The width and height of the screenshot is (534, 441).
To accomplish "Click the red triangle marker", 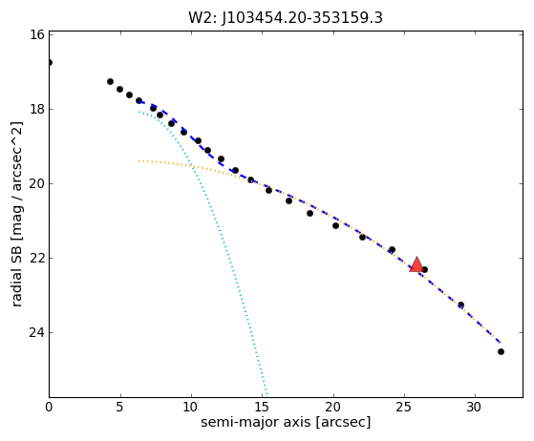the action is click(417, 264).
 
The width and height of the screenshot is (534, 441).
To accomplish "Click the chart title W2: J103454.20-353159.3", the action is click(286, 18).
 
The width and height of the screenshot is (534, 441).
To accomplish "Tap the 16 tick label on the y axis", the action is click(37, 34).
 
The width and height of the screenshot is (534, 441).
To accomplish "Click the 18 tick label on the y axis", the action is click(37, 109).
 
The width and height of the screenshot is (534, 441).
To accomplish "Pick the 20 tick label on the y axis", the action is click(37, 183).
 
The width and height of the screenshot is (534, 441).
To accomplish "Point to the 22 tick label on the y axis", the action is click(37, 258).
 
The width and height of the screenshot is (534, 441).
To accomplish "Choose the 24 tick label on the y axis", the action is click(37, 332).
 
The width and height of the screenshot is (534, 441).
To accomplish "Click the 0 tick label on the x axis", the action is click(49, 407).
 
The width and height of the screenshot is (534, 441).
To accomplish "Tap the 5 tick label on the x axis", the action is click(119, 407).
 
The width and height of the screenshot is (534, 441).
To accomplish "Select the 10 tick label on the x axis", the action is click(191, 407).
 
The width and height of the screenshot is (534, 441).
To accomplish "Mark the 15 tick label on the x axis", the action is click(263, 407).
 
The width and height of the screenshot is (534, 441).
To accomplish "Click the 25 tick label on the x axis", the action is click(404, 407).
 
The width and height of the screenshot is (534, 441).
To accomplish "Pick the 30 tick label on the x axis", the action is click(475, 407).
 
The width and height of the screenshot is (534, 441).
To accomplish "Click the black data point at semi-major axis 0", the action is click(50, 63).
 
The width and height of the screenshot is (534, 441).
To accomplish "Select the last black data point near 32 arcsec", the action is click(501, 351).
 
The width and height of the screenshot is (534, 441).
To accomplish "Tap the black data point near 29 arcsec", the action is click(460, 304).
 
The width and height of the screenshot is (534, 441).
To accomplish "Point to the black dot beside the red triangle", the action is click(424, 269).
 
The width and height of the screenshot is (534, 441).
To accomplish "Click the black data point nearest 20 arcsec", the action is click(335, 225).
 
